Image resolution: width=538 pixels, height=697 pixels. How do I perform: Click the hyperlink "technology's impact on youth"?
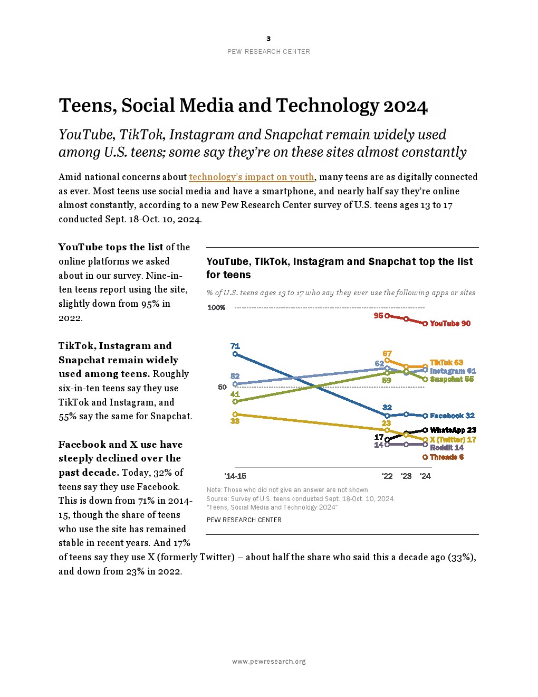(252, 177)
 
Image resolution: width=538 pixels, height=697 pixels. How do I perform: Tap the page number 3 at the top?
(268, 39)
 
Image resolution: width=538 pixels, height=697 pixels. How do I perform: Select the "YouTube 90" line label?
(450, 324)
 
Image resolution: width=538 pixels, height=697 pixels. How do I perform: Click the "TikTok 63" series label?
(446, 363)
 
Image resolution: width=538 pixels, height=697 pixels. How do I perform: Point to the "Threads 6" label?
(446, 457)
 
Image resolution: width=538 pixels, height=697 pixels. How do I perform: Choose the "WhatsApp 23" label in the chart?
(453, 430)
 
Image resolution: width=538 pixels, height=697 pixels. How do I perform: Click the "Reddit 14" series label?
(447, 448)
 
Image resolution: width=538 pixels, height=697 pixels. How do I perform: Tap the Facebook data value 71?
(235, 346)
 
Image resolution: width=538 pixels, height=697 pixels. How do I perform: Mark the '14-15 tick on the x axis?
(235, 476)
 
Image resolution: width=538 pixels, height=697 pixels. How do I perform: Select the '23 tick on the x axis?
(406, 476)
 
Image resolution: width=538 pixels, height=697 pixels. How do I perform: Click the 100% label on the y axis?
(216, 308)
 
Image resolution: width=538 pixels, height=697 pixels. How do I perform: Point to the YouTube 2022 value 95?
(378, 316)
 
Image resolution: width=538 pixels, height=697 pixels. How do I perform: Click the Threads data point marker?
(425, 457)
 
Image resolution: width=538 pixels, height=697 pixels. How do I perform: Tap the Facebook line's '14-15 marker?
(235, 354)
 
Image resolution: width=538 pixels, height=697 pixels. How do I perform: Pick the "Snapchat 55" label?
(451, 379)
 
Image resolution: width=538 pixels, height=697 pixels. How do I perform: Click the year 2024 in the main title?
(405, 106)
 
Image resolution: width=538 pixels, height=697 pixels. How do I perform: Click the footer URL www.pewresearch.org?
(269, 662)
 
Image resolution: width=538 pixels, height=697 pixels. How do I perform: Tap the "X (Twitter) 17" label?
(453, 439)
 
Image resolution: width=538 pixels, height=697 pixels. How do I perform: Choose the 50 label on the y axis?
(222, 387)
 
